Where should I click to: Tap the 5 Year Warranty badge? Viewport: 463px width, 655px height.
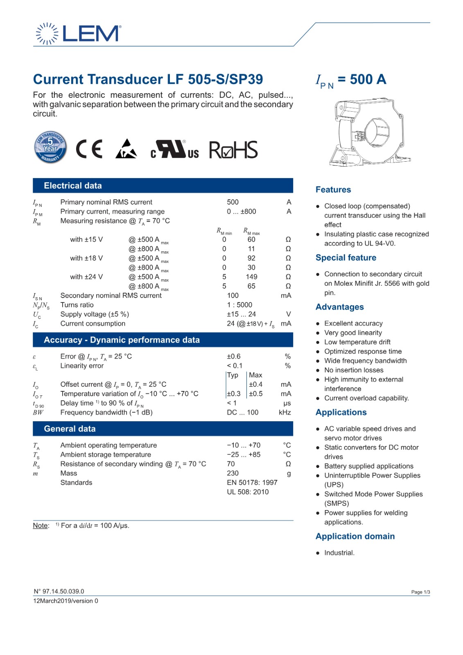(x=50, y=147)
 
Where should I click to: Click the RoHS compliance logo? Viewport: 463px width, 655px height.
(x=233, y=150)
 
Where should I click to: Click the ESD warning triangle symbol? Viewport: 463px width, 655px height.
(x=126, y=149)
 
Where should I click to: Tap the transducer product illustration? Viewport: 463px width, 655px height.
(x=370, y=132)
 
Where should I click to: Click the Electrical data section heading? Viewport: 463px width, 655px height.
(x=73, y=186)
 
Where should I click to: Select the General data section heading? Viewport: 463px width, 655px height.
(x=70, y=429)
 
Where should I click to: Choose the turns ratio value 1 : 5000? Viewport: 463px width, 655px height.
(x=239, y=305)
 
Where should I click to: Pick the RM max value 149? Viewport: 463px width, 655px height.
(x=251, y=277)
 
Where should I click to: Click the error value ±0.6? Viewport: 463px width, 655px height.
(x=233, y=357)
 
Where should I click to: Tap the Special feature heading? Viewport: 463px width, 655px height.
(x=346, y=257)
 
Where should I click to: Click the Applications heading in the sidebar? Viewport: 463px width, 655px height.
(x=341, y=412)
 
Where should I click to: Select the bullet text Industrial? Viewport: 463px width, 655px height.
(x=339, y=553)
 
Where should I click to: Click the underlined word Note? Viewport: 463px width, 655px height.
(x=41, y=526)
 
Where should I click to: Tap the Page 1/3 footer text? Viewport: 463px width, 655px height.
(x=420, y=592)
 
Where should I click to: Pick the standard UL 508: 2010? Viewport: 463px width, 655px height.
(x=248, y=492)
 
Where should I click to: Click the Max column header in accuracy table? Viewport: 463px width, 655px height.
(x=255, y=375)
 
